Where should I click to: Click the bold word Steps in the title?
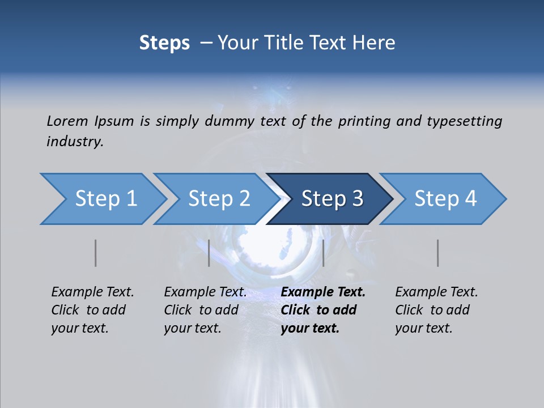click(164, 43)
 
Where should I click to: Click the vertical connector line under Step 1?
click(96, 253)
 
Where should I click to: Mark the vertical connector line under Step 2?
click(209, 253)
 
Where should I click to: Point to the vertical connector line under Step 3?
click(323, 253)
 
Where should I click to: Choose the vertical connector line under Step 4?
click(438, 253)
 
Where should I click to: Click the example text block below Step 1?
click(92, 310)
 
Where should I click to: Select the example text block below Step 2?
click(205, 310)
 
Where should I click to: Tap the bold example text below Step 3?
click(323, 310)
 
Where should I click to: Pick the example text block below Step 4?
click(436, 310)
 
